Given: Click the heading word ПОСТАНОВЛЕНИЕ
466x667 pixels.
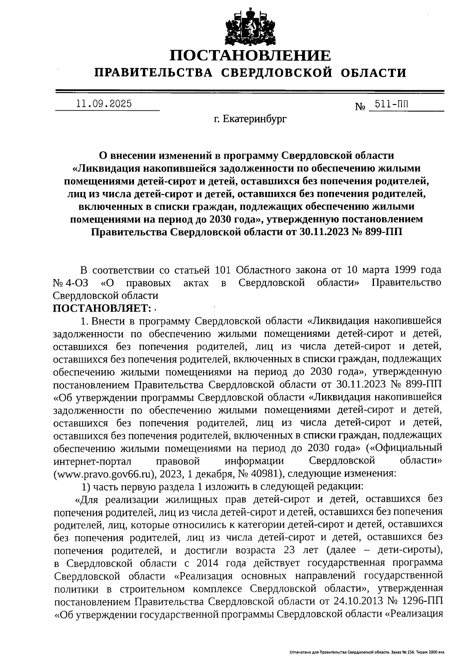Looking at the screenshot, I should click(250, 55).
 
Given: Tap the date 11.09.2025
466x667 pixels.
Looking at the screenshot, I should click(104, 104).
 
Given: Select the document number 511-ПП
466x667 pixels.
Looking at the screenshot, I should click(392, 104).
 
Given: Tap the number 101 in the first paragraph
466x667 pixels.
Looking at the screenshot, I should click(223, 270).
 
